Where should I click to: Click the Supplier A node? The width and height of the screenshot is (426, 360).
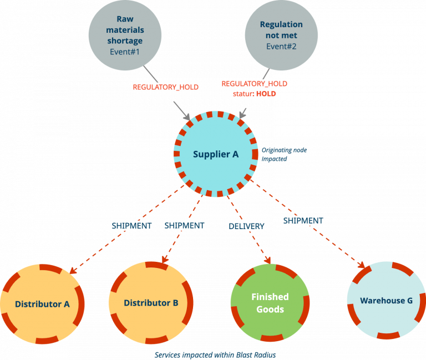pyautogui.click(x=215, y=154)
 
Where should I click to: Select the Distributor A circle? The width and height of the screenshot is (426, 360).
pyautogui.click(x=42, y=304)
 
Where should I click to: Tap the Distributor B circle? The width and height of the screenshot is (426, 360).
pyautogui.click(x=151, y=303)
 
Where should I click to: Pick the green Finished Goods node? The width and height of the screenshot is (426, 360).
pyautogui.click(x=270, y=303)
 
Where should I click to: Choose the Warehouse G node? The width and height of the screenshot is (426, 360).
pyautogui.click(x=386, y=301)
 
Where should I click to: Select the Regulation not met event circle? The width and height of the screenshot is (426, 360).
pyautogui.click(x=281, y=35)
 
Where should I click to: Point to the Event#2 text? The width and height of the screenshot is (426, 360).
pyautogui.click(x=281, y=47)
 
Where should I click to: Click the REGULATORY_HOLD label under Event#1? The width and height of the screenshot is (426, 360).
pyautogui.click(x=165, y=87)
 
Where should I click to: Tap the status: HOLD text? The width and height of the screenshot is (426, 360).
pyautogui.click(x=255, y=94)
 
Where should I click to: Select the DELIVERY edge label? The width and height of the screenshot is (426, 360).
pyautogui.click(x=246, y=226)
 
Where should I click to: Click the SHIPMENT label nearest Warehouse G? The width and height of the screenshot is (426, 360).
pyautogui.click(x=303, y=220)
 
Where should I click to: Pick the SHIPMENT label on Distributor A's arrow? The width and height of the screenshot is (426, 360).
pyautogui.click(x=131, y=226)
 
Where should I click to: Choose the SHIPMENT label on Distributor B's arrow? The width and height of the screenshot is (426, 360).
pyautogui.click(x=184, y=226)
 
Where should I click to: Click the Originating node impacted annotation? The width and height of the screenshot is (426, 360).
pyautogui.click(x=284, y=154)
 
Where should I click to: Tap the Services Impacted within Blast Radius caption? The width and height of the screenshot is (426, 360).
pyautogui.click(x=215, y=354)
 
